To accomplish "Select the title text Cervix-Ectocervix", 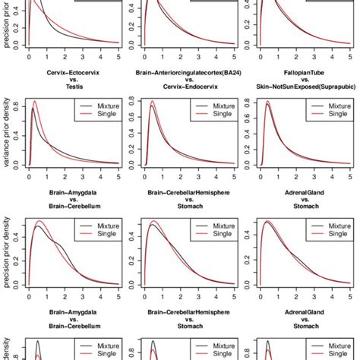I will [62, 74].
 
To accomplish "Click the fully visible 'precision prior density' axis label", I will [7, 258].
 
